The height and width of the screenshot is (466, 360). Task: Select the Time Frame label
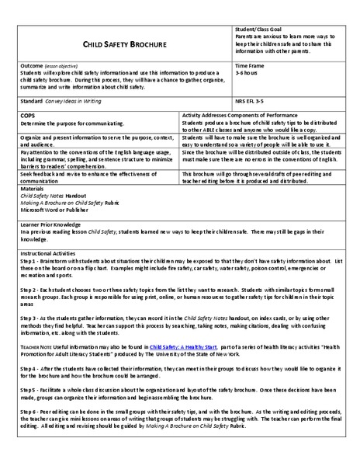(x=250, y=66)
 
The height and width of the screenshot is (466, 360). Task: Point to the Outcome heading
(x=33, y=66)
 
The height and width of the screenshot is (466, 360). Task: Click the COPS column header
(x=28, y=114)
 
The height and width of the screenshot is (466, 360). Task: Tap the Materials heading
(x=33, y=190)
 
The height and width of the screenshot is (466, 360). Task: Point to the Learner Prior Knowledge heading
(x=54, y=224)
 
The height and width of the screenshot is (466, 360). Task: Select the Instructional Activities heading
(x=53, y=253)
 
